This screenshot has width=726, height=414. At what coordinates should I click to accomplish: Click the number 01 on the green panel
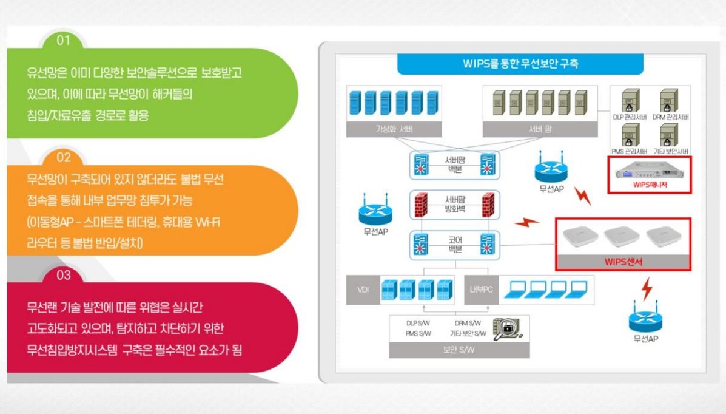point(63,41)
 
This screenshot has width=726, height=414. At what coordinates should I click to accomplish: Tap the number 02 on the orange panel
point(63,158)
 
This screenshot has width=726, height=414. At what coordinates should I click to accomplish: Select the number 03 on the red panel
point(63,275)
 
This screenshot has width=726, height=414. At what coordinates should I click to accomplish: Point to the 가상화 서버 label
point(394,129)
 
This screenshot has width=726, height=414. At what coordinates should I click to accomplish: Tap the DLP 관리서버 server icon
point(630,100)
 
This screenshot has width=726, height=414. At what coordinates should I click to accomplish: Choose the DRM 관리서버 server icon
point(668,100)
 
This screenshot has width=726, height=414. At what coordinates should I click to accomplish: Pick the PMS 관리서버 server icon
point(630,133)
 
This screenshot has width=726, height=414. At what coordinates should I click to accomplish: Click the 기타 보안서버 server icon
point(668,133)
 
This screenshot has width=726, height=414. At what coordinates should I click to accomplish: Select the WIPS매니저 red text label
point(649,185)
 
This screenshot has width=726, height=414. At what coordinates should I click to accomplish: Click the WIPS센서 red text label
point(623,262)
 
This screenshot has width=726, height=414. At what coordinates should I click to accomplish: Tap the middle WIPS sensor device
point(622,237)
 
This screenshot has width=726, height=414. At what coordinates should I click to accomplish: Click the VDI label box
point(362,290)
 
